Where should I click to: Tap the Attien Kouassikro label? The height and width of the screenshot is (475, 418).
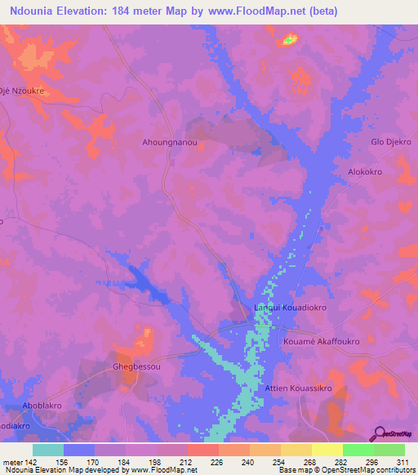click(x=298, y=389)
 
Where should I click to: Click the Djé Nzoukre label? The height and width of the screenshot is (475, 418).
click(x=22, y=91)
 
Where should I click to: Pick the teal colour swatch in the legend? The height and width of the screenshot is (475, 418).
click(x=48, y=450)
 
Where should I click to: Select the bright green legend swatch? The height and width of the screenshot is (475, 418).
click(x=358, y=450)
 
